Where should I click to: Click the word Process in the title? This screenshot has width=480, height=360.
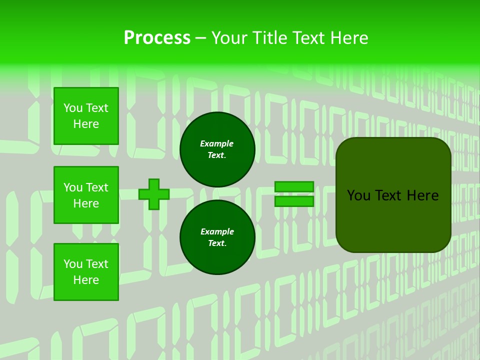(157, 38)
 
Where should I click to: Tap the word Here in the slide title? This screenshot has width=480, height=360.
(348, 38)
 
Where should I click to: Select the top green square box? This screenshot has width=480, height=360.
(86, 116)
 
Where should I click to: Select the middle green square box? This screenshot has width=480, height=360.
(86, 195)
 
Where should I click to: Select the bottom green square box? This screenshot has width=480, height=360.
(86, 272)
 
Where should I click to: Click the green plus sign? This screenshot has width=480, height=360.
(154, 194)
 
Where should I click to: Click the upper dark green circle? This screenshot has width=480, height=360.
(217, 149)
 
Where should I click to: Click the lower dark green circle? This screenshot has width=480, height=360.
(217, 237)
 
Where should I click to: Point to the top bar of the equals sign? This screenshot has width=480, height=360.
(294, 186)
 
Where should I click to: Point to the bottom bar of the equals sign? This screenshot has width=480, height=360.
(294, 201)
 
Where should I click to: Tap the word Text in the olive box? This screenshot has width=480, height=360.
(392, 195)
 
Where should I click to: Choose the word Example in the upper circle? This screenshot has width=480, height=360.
(217, 143)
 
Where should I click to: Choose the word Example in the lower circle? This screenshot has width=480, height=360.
(217, 231)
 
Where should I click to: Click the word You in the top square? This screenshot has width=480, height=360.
(73, 108)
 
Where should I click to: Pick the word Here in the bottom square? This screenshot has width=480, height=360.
(86, 280)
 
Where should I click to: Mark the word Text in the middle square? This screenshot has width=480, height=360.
(97, 187)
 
